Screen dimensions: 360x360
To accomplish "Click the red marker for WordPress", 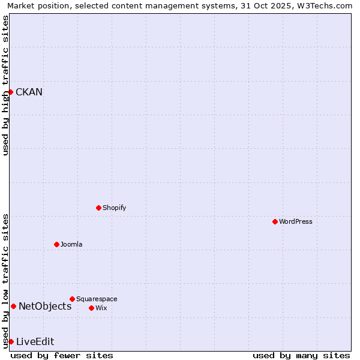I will (275, 221).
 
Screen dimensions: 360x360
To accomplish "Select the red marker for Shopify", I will (98, 208).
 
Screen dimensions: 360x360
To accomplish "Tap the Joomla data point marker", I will (56, 244).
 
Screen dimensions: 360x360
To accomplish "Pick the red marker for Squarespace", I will (72, 299).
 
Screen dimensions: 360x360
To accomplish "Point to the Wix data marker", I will (91, 308).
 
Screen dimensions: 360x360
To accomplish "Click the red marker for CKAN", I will (10, 92).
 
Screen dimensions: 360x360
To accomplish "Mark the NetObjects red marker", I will (13, 306).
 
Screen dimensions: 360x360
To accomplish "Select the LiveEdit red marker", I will (11, 341).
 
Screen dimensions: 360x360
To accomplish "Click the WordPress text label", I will (295, 221).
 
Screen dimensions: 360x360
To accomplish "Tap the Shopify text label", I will (114, 208).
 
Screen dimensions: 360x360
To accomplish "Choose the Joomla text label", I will (71, 244).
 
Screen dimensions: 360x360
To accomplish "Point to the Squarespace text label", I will (97, 299).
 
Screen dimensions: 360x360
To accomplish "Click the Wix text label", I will (101, 308).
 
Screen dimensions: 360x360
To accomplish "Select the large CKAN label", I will (29, 92).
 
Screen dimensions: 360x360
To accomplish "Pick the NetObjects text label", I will (45, 306).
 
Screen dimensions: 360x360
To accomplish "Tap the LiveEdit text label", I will (35, 341).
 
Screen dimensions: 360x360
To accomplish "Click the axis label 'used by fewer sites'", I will (62, 355).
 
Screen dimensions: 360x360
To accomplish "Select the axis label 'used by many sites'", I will (301, 355).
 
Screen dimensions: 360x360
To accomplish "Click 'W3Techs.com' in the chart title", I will (328, 6).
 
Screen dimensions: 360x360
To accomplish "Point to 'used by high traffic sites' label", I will (6, 85).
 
